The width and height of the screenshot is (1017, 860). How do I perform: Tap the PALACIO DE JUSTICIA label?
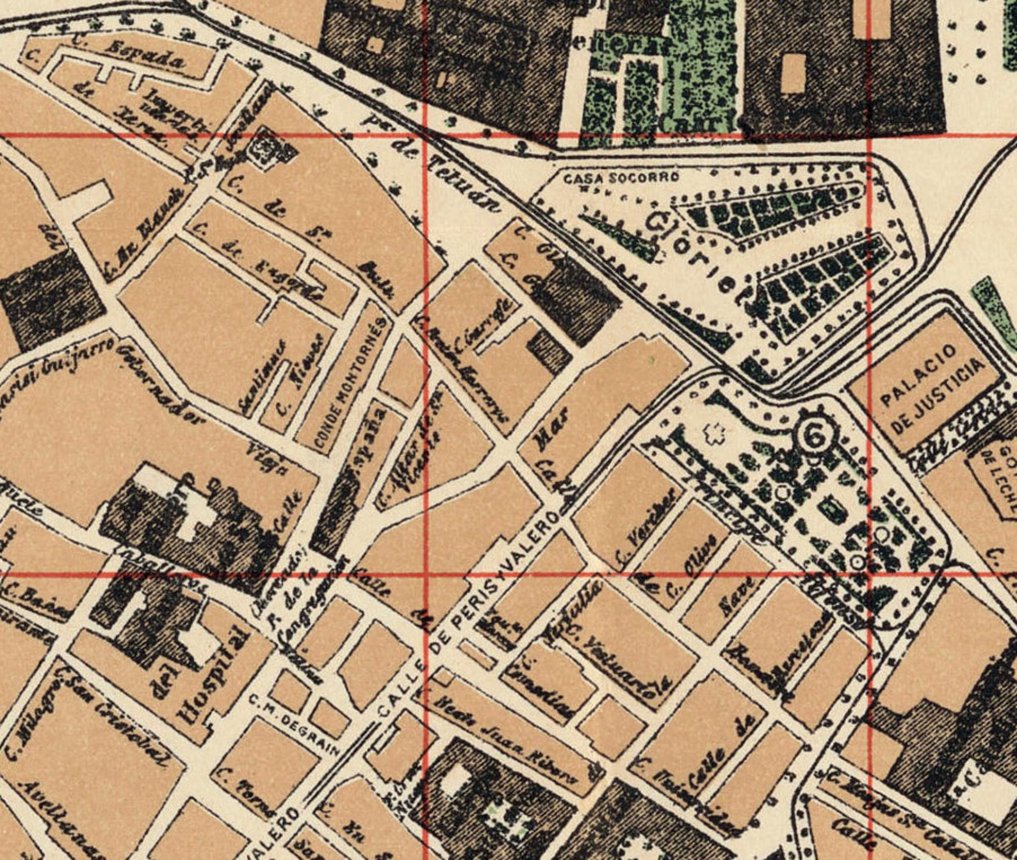click(x=931, y=387)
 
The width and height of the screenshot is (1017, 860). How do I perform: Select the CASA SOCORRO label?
click(x=612, y=179)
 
